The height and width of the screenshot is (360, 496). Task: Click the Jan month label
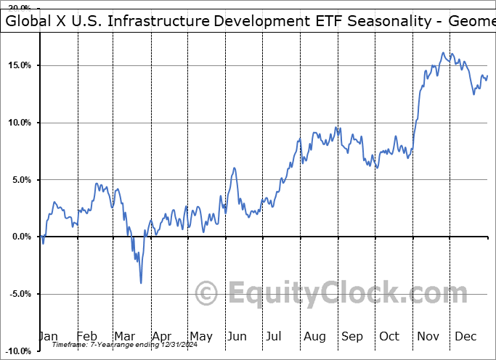(x=48, y=336)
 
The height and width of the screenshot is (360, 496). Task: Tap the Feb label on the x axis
(x=86, y=336)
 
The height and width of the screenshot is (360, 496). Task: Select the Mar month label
(x=124, y=336)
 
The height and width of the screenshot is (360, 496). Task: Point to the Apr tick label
(x=162, y=336)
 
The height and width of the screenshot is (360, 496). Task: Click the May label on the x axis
(x=200, y=336)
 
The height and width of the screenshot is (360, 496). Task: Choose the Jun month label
(x=238, y=336)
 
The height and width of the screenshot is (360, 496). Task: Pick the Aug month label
(x=314, y=336)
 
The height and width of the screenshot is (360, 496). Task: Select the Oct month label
(x=389, y=336)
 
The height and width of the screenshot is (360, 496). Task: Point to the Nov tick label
(x=427, y=336)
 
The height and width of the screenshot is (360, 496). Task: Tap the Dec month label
(x=465, y=336)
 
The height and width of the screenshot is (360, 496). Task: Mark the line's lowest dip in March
(x=141, y=282)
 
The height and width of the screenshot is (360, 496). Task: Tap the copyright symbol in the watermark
(x=208, y=294)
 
